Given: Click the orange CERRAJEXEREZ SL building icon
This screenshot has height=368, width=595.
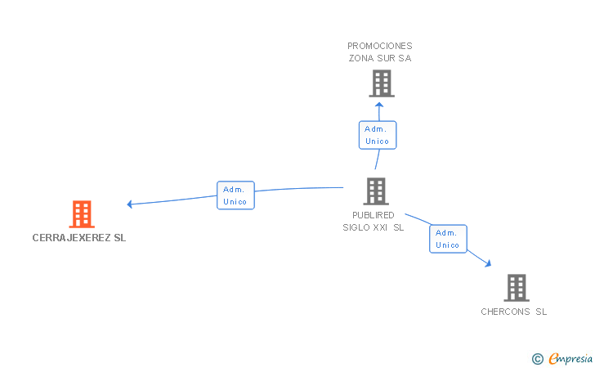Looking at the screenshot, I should pyautogui.click(x=82, y=214).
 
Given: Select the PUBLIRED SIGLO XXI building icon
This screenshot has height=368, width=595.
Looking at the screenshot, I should pyautogui.click(x=376, y=191).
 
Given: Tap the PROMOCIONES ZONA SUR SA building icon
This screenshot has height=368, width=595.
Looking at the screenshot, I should pyautogui.click(x=381, y=83).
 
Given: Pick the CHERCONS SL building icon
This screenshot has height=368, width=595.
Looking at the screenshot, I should pyautogui.click(x=516, y=288).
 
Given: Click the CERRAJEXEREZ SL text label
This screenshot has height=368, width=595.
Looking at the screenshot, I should pyautogui.click(x=79, y=238).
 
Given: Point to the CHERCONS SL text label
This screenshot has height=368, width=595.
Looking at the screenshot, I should pyautogui.click(x=514, y=312).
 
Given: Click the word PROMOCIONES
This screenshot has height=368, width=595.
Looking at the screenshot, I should pyautogui.click(x=380, y=46).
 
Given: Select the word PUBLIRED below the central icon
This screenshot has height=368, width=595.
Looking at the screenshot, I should pyautogui.click(x=374, y=215).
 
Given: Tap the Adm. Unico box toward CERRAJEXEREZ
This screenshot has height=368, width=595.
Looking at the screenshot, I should pyautogui.click(x=235, y=195).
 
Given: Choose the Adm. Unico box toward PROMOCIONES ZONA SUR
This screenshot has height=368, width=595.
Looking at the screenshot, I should pyautogui.click(x=377, y=135).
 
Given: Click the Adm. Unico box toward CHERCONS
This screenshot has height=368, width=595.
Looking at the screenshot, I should pyautogui.click(x=448, y=239).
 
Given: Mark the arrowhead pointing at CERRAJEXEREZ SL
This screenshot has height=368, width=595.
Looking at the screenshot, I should pyautogui.click(x=129, y=204).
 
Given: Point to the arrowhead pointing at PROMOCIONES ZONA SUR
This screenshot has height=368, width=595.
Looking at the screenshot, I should pyautogui.click(x=378, y=104).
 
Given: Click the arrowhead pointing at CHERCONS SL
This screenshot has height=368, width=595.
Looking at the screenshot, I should pyautogui.click(x=489, y=264).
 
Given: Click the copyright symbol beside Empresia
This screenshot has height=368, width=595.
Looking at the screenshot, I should pyautogui.click(x=537, y=358).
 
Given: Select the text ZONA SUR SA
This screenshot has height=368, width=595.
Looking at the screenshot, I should pyautogui.click(x=380, y=59).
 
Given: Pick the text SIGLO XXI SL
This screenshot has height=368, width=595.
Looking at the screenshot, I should pyautogui.click(x=374, y=228).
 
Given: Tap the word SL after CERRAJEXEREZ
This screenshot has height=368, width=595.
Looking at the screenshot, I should pyautogui.click(x=120, y=238).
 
